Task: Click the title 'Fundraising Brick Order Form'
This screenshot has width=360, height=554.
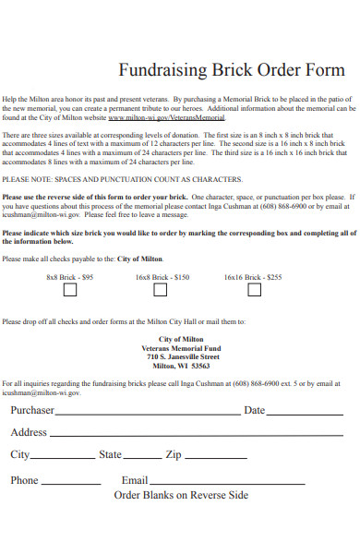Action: tap(232, 70)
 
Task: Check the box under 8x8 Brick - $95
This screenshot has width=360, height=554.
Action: tap(70, 290)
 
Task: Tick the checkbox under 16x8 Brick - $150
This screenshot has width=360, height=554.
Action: tap(161, 290)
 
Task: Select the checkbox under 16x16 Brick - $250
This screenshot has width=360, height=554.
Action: tap(254, 290)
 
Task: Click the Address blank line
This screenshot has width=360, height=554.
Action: tap(195, 435)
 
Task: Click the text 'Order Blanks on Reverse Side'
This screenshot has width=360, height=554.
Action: tap(181, 496)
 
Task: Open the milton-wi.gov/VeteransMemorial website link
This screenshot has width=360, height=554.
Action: tap(166, 118)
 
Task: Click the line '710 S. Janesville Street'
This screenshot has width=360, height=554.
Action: tap(182, 356)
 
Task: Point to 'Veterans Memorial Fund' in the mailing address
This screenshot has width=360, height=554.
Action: tap(182, 348)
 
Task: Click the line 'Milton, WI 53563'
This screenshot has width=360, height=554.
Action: tap(182, 366)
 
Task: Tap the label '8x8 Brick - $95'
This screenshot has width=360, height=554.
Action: tap(70, 276)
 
